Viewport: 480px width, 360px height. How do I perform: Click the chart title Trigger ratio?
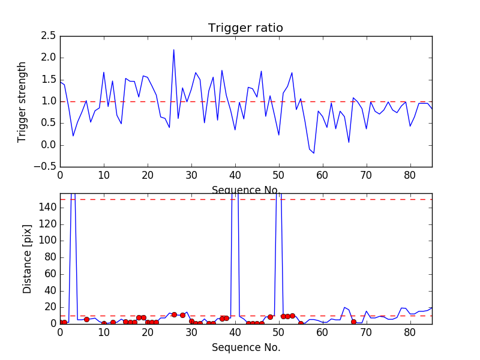point(245,28)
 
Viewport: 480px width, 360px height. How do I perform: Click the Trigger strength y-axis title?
point(22,101)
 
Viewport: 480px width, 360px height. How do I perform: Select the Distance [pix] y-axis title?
point(28,259)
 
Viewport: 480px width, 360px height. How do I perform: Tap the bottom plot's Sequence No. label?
point(245,347)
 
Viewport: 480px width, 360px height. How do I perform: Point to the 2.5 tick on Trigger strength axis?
point(49,36)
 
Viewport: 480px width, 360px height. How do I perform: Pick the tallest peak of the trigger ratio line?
point(174,50)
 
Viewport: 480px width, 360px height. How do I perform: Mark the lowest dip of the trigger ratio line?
point(314,153)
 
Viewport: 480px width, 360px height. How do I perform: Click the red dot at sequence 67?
point(353,322)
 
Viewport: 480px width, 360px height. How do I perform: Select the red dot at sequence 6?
point(86,319)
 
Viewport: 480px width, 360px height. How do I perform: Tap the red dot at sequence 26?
point(174,314)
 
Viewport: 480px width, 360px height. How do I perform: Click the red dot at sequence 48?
point(270,317)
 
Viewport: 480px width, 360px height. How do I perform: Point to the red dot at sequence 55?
point(301,323)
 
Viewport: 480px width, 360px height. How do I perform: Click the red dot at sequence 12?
point(113,322)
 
